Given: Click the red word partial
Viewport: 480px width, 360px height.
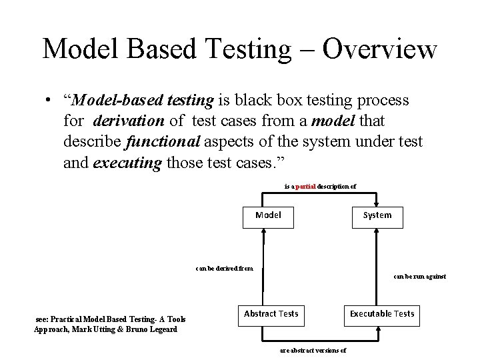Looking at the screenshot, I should [x=305, y=187].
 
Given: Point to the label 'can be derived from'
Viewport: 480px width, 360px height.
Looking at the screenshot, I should [x=225, y=269].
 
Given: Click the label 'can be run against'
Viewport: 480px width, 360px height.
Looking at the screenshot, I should [x=420, y=277].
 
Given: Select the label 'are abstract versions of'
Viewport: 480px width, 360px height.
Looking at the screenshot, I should [x=313, y=350].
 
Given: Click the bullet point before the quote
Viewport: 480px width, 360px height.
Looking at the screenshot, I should [x=49, y=101].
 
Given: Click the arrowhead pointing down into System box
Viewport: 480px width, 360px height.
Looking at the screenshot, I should [x=377, y=202].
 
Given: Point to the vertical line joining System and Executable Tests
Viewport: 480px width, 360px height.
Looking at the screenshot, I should [x=378, y=267].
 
